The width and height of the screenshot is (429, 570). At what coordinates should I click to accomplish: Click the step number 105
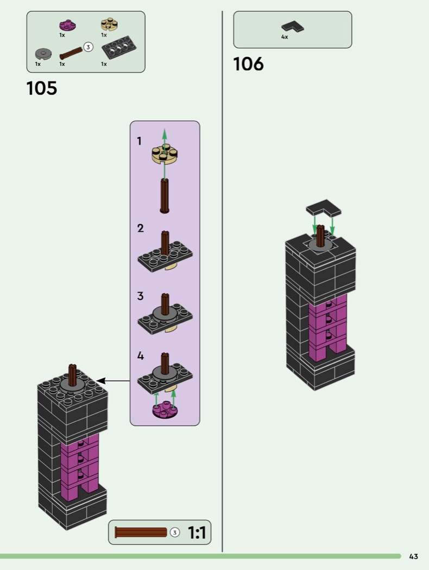(x=42, y=88)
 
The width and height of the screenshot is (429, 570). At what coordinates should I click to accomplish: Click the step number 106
(x=248, y=64)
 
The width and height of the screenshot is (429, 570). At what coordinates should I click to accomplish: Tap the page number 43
(x=414, y=556)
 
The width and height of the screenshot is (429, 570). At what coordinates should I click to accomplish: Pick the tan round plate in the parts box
(x=109, y=24)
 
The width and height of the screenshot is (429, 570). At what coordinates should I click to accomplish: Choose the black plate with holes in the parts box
(x=118, y=50)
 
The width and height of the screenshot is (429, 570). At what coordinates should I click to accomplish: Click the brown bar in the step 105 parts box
(x=71, y=53)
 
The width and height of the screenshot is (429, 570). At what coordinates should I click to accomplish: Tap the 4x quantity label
(x=285, y=37)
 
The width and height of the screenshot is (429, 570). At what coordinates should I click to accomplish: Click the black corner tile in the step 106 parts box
(x=293, y=26)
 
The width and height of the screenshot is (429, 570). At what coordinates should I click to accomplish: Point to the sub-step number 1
(x=140, y=141)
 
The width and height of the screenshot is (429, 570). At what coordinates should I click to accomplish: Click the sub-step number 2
(x=140, y=228)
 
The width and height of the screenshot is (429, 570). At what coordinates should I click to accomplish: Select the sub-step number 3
(x=140, y=296)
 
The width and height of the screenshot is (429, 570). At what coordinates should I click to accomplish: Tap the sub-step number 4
(x=140, y=356)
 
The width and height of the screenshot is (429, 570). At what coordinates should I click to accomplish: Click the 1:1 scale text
(x=197, y=533)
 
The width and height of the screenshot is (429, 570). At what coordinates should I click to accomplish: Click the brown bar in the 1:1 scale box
(x=141, y=533)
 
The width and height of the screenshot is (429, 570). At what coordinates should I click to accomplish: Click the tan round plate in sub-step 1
(x=165, y=154)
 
